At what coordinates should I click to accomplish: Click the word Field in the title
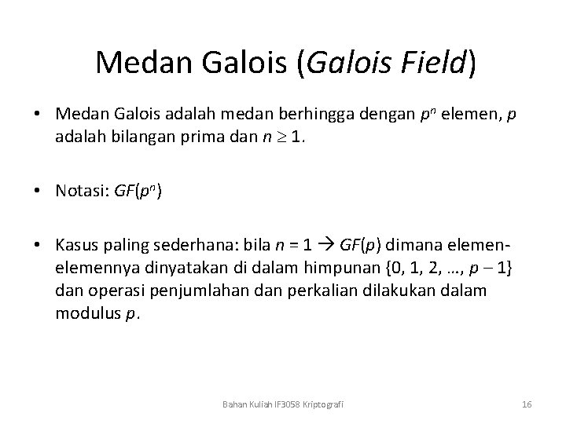click(x=429, y=63)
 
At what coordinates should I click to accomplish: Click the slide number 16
click(x=527, y=404)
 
